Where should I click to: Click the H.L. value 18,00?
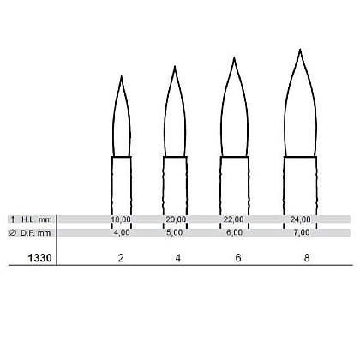point(121,219)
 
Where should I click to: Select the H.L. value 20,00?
point(176,219)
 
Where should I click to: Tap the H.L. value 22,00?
point(234,219)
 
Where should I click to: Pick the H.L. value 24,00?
point(300,219)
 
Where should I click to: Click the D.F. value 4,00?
point(122,232)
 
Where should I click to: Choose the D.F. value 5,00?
point(175,232)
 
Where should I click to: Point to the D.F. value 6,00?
point(234,232)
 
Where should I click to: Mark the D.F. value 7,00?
point(302,232)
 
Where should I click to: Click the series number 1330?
point(39,258)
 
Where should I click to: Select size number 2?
point(121,258)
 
